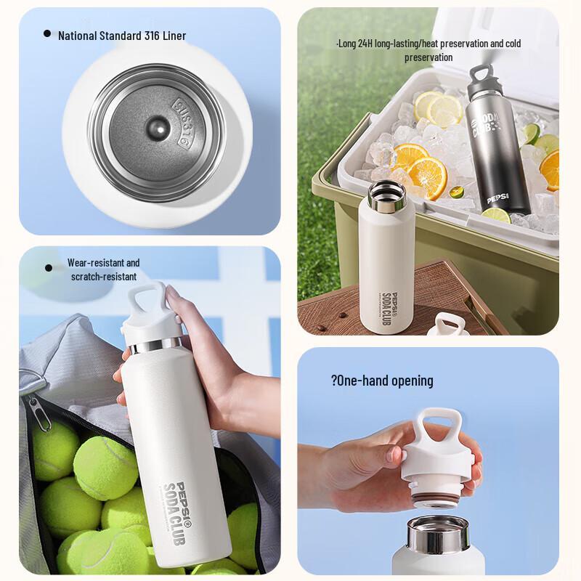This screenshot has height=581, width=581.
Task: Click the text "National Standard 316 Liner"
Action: click(x=122, y=36)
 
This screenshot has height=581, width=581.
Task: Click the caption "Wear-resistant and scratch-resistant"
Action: click(x=104, y=269)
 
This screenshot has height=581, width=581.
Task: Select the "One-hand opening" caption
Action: click(x=382, y=381)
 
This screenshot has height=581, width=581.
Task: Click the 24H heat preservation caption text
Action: click(x=428, y=50)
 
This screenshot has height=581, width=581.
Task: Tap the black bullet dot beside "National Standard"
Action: click(x=47, y=33)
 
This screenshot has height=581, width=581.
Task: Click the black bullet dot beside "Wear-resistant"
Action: click(x=49, y=268)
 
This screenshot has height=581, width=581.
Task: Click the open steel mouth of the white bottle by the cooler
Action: click(x=387, y=193)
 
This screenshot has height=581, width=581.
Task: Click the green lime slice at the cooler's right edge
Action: click(x=532, y=134)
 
